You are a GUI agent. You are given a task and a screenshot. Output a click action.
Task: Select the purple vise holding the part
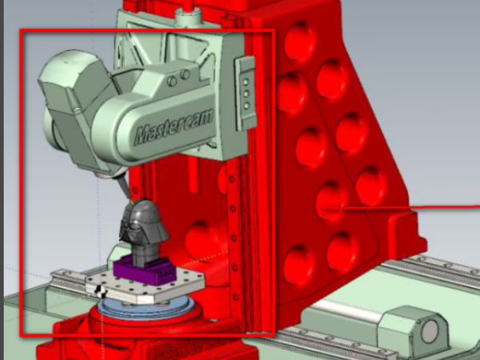(x=145, y=270)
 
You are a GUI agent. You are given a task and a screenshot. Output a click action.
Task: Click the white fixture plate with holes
(x=145, y=286)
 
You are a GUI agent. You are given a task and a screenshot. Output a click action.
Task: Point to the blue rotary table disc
(x=146, y=307)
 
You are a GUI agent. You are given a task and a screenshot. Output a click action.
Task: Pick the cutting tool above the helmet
(x=125, y=186)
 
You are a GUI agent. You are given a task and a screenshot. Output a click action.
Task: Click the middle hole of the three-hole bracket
(x=246, y=94)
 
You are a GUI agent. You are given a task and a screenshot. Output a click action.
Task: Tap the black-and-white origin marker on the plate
(x=101, y=291)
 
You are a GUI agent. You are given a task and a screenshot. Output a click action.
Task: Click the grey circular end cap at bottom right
(x=430, y=331)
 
